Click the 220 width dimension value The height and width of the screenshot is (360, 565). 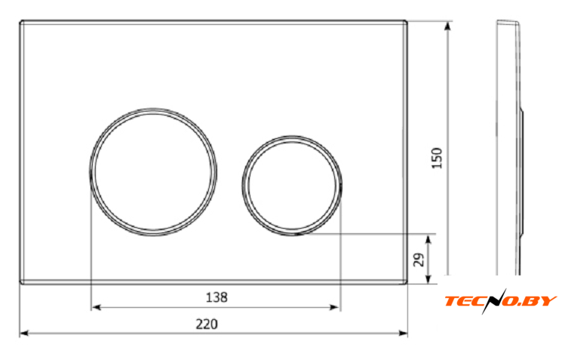click(207, 325)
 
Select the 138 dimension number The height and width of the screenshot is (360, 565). click(216, 297)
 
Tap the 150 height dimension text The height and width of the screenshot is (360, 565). click(436, 158)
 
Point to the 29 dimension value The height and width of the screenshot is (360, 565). click(419, 260)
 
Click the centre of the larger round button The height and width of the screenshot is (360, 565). click(153, 172)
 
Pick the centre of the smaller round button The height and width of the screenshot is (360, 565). click(292, 186)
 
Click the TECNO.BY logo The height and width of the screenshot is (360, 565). click(501, 301)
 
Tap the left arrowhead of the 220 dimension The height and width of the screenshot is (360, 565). click(24, 334)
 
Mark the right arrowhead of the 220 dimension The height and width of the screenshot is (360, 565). click(404, 334)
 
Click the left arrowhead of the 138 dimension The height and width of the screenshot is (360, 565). click(96, 307)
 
